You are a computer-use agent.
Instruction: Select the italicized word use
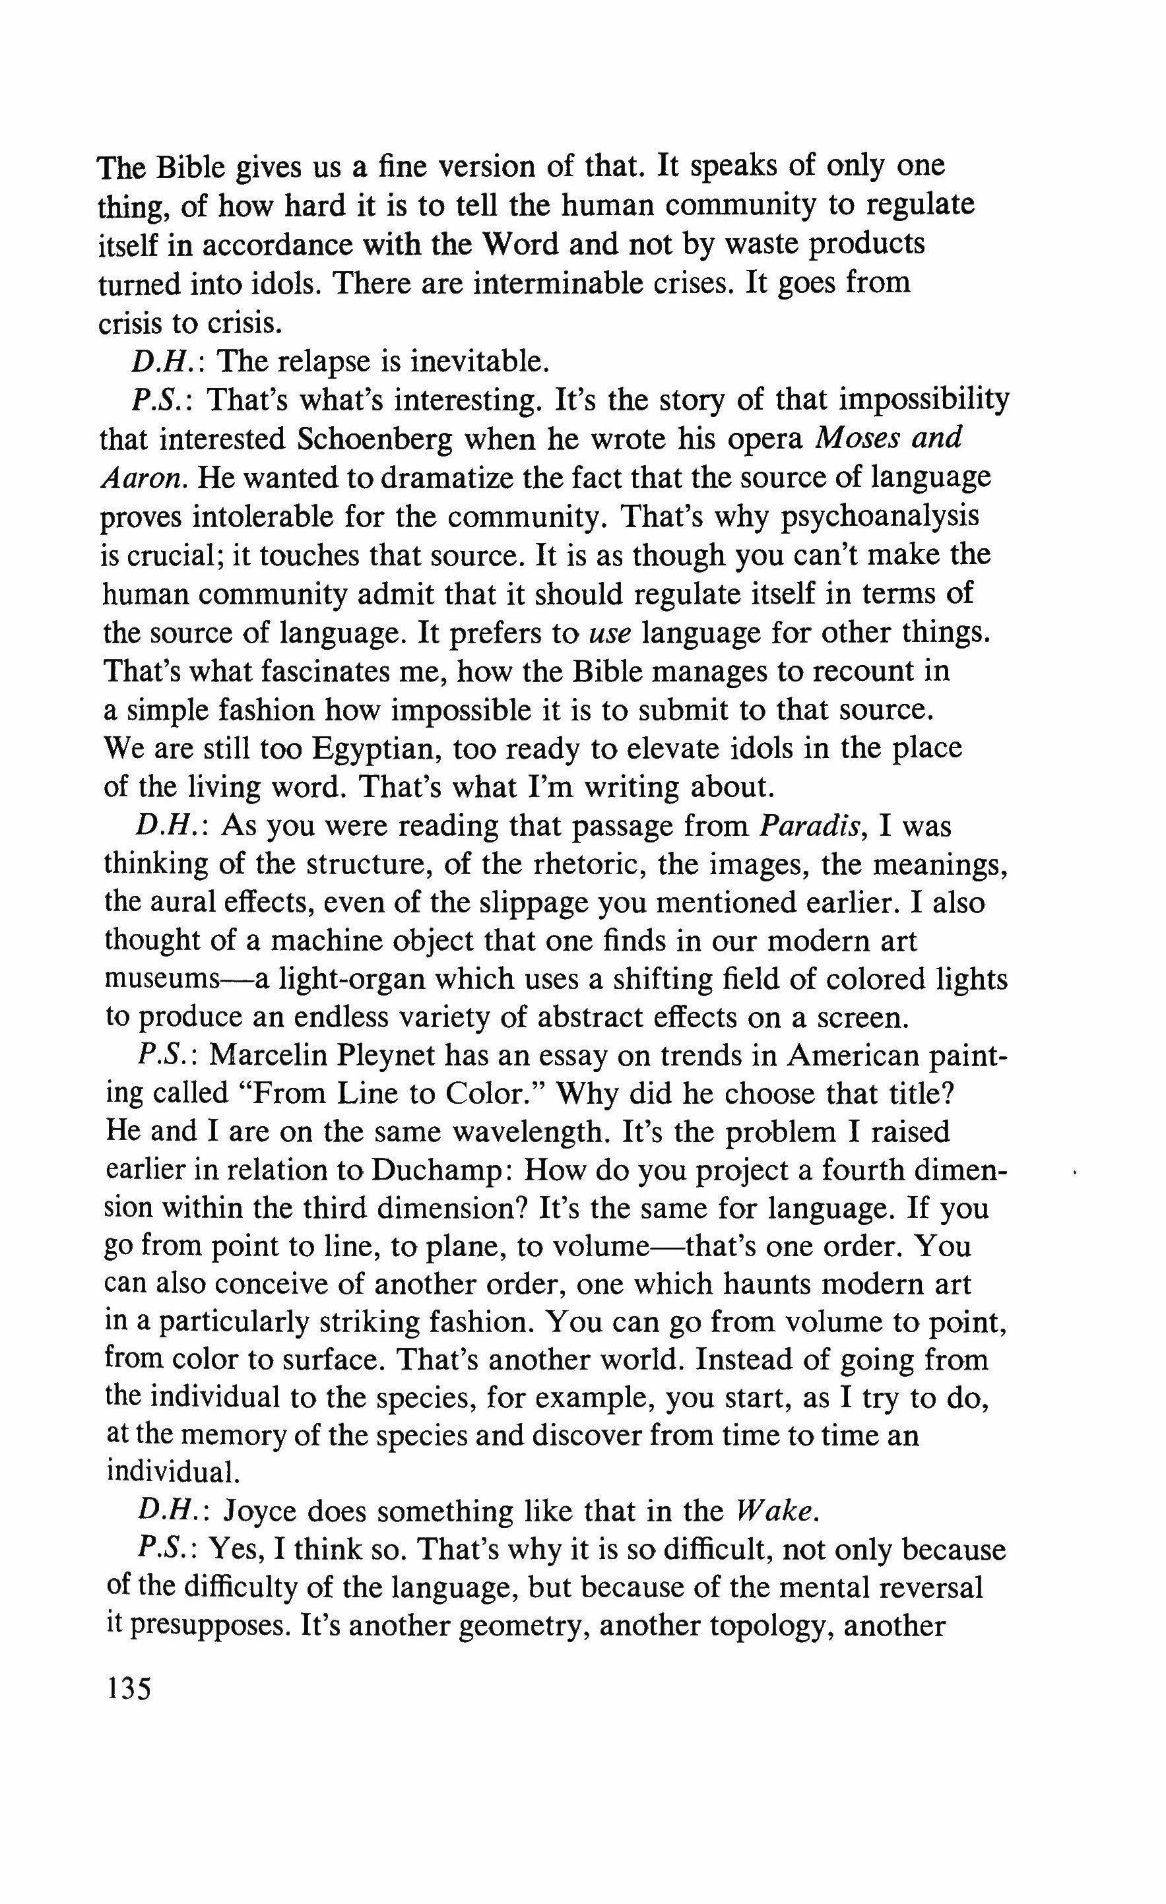pos(610,633)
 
